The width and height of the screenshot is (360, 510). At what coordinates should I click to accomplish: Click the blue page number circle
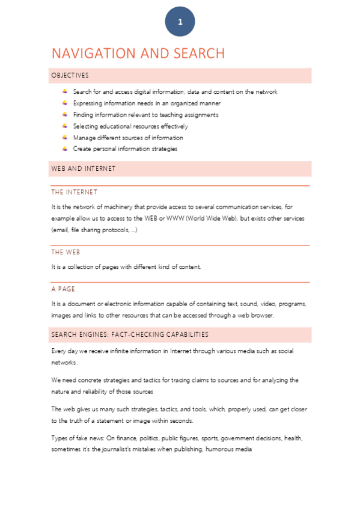click(180, 22)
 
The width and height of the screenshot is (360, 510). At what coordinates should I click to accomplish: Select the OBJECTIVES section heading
click(70, 76)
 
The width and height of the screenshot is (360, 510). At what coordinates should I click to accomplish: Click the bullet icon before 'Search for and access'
click(64, 91)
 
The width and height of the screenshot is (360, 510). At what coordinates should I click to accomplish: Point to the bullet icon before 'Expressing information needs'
click(64, 103)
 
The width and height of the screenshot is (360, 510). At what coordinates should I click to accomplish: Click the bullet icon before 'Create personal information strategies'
click(64, 149)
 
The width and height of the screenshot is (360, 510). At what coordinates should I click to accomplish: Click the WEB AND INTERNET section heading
click(84, 168)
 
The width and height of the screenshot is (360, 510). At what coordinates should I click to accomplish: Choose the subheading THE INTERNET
click(74, 192)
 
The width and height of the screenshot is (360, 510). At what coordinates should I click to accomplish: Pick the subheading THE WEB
click(66, 252)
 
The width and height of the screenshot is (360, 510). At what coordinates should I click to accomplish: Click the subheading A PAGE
click(63, 289)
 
